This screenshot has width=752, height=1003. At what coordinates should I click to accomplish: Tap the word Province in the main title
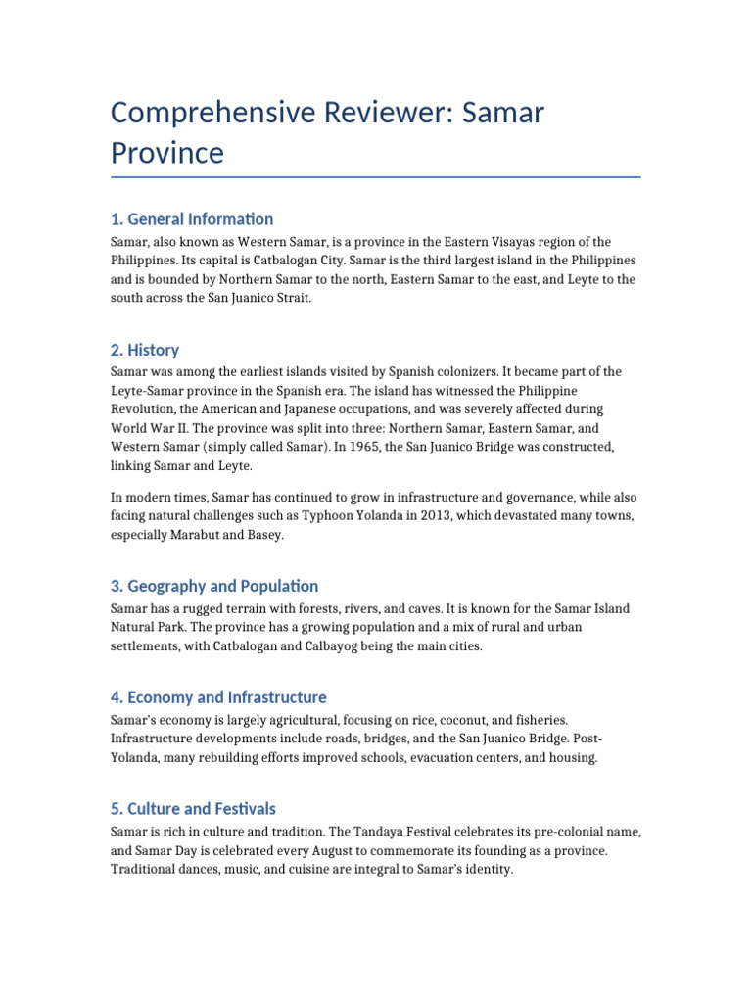(167, 153)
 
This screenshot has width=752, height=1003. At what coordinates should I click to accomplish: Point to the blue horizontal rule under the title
(376, 177)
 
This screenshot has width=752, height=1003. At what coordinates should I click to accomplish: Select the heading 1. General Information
(192, 218)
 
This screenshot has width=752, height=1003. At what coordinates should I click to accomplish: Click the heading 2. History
(145, 350)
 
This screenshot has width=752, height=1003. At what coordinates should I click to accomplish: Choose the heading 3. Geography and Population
(214, 586)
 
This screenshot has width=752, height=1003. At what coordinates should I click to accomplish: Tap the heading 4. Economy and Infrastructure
(218, 697)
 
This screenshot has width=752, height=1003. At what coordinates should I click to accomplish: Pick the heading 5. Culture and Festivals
(193, 809)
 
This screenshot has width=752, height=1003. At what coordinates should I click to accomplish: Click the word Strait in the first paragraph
(292, 298)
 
